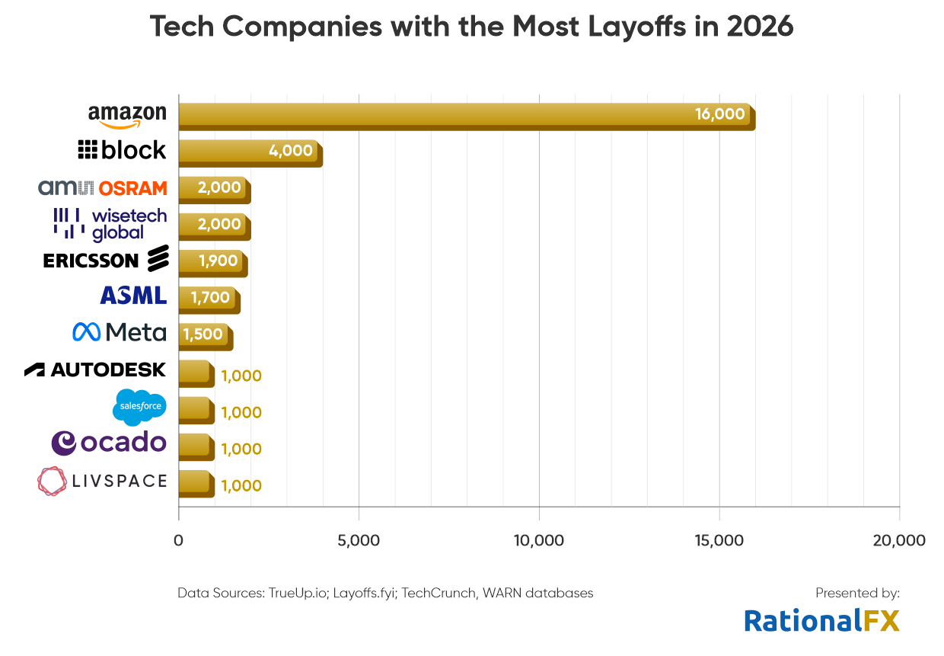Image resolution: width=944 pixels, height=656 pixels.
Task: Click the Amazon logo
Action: [126, 116]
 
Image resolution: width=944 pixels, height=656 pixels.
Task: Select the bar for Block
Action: [250, 152]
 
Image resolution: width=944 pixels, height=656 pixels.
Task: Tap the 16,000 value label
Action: [719, 114]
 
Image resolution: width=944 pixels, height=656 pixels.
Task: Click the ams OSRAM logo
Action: [102, 187]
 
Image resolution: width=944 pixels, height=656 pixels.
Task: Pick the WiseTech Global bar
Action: [213, 225]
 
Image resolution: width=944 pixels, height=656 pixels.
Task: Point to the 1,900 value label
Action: [218, 261]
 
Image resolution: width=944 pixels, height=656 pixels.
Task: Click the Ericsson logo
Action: [105, 260]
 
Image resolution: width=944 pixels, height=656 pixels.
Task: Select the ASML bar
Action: [208, 298]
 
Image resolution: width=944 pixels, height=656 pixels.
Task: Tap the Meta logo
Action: [119, 332]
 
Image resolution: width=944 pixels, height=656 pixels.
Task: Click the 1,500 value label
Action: [203, 334]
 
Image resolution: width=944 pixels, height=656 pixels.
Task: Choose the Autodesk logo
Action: [95, 370]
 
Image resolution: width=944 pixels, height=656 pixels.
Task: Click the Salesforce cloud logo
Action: [139, 406]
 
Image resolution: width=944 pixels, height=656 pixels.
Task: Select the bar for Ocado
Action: [196, 446]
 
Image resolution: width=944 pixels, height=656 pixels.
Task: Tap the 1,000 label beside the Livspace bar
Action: [241, 485]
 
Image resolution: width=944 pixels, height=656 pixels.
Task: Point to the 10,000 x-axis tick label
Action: [538, 540]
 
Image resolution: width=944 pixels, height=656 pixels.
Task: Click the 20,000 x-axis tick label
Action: [899, 540]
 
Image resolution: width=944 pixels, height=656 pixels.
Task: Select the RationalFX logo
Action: [821, 620]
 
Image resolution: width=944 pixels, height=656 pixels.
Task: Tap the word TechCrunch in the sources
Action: [440, 592]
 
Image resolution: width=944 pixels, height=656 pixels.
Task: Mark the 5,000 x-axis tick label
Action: [358, 540]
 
